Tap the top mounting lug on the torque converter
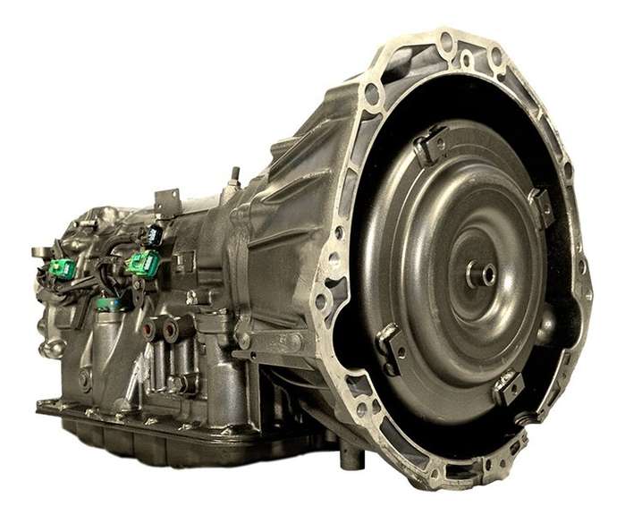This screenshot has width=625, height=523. coord(432,143)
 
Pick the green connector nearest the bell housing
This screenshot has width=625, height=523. coord(143,262)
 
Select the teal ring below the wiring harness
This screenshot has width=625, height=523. coord(109,304)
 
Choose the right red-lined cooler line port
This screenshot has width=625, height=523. coord(170,330)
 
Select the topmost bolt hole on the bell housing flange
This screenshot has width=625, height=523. coord(445,39)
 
